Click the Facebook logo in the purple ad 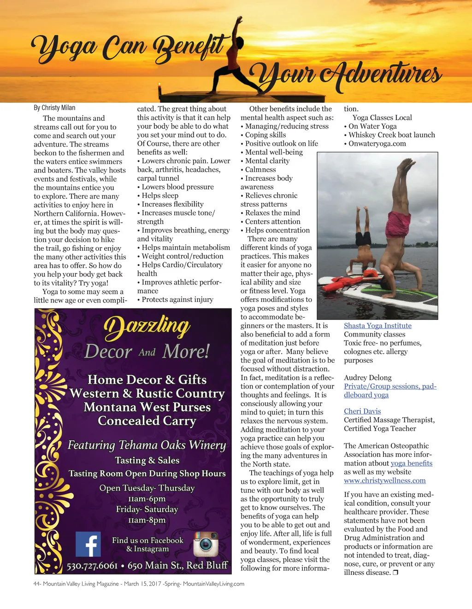tap(88, 544)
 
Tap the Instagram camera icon tap(206, 544)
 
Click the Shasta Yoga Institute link tap(378, 325)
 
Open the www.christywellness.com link tap(384, 480)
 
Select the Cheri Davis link tap(362, 411)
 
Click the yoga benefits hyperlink tap(412, 463)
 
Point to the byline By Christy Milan tap(54, 107)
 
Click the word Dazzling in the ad tap(147, 325)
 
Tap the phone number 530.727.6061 tap(92, 566)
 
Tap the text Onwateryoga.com tap(377, 143)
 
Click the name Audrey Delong tap(367, 378)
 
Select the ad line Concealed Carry tap(147, 421)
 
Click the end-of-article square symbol tap(395, 573)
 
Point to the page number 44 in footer tap(36, 584)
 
